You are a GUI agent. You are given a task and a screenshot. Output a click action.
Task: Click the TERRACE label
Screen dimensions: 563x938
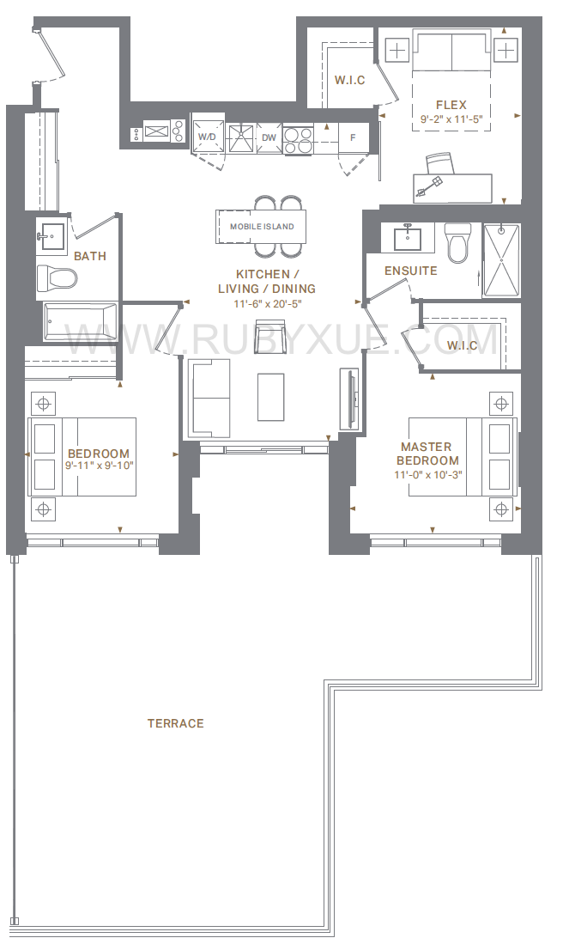(176, 723)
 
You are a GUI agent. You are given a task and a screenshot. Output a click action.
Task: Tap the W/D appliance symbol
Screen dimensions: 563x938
(208, 137)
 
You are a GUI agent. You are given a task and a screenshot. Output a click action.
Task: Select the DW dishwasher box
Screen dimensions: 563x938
(269, 137)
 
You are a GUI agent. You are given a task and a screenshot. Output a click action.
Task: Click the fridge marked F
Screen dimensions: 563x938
(353, 137)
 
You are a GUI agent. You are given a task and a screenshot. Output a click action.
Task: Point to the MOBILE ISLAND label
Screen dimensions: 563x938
(262, 227)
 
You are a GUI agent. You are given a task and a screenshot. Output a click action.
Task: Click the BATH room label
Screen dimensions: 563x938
(90, 256)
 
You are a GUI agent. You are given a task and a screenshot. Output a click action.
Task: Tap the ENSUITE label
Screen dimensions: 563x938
(410, 271)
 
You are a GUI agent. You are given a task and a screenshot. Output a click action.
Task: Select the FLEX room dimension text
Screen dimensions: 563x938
(451, 119)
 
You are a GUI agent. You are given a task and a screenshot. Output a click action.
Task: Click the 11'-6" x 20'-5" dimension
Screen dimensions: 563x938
(267, 303)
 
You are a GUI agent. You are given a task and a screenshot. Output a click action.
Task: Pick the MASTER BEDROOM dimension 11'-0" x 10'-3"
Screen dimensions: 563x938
(428, 475)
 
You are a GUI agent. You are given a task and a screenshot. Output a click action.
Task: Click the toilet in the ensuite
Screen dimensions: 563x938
(458, 242)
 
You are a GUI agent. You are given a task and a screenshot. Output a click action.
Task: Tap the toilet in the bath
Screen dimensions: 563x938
(58, 277)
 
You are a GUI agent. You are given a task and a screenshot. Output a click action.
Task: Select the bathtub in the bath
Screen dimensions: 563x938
(80, 322)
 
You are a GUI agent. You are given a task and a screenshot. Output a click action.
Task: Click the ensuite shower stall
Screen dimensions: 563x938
(501, 259)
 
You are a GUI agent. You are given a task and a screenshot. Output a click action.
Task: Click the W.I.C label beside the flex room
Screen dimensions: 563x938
(349, 80)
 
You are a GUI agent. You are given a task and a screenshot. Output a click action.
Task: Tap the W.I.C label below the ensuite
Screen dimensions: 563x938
(462, 345)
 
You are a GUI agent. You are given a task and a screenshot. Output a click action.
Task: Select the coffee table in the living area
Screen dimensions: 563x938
(270, 397)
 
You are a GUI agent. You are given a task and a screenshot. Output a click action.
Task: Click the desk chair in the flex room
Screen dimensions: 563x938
(440, 163)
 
